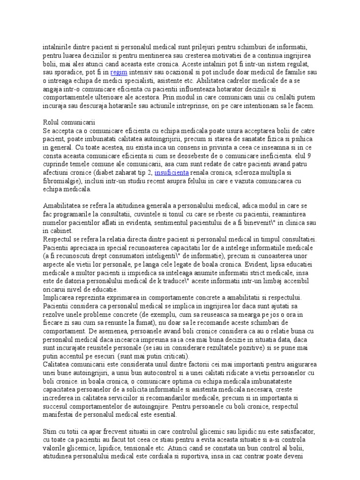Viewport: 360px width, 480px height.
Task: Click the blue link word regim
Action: coord(119,72)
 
